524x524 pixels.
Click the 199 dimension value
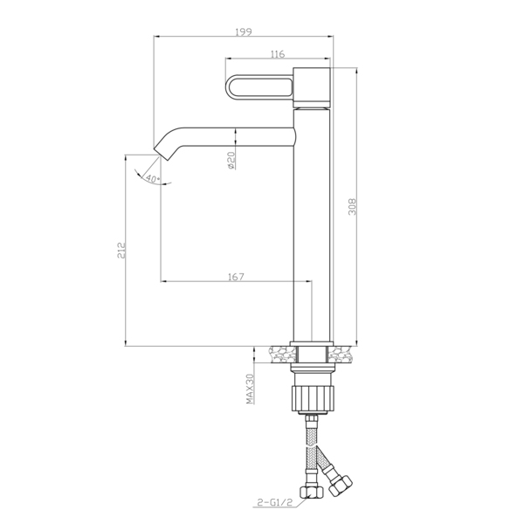[x=244, y=31]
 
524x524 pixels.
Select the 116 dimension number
[x=278, y=54]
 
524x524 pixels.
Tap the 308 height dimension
[x=352, y=207]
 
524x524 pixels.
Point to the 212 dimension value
[x=121, y=251]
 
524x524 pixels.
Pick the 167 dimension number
[x=237, y=277]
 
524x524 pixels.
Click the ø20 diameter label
[x=231, y=160]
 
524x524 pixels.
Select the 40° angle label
[x=152, y=179]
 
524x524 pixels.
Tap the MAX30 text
[x=251, y=389]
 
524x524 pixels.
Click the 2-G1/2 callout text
[x=275, y=501]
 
